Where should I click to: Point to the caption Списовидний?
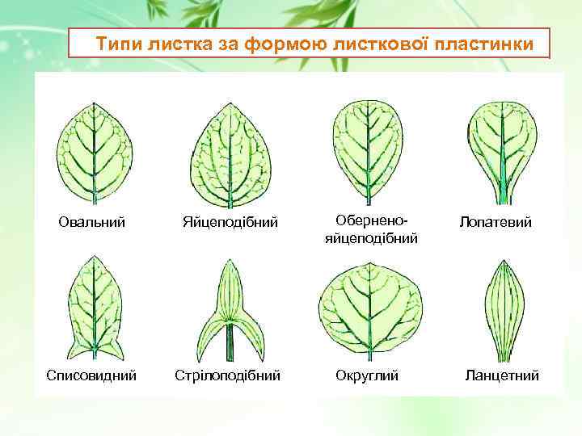pyautogui.click(x=91, y=375)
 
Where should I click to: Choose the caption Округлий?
pyautogui.click(x=367, y=375)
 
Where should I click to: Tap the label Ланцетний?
pyautogui.click(x=501, y=375)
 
